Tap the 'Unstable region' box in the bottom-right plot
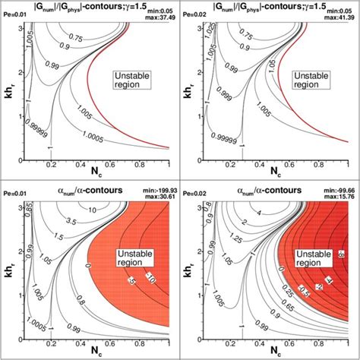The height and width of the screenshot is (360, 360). coord(312,258)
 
